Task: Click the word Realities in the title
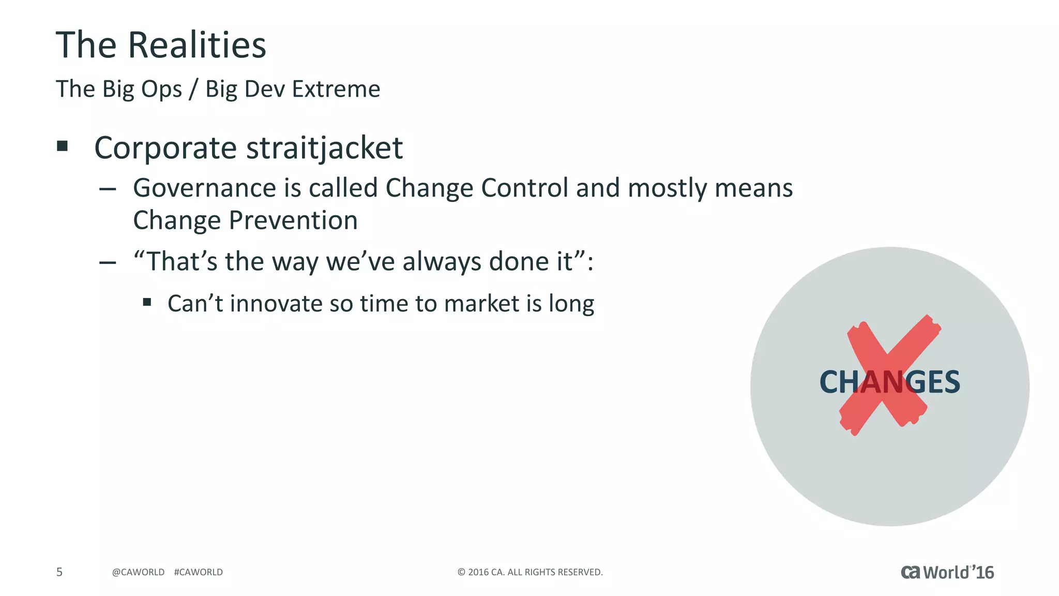pyautogui.click(x=196, y=45)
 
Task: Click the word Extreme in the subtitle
pyautogui.click(x=336, y=89)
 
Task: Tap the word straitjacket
pyautogui.click(x=324, y=148)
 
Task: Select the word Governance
pyautogui.click(x=204, y=188)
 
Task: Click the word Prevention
pyautogui.click(x=293, y=220)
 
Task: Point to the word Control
pyautogui.click(x=524, y=188)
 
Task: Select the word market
pyautogui.click(x=481, y=304)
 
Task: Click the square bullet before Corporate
pyautogui.click(x=63, y=146)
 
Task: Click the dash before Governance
pyautogui.click(x=108, y=189)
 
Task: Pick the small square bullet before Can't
pyautogui.click(x=147, y=302)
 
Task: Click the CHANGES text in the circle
pyautogui.click(x=889, y=382)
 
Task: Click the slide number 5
pyautogui.click(x=59, y=572)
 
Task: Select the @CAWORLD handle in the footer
pyautogui.click(x=138, y=572)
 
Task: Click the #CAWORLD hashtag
pyautogui.click(x=199, y=572)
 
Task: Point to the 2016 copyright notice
pyautogui.click(x=530, y=572)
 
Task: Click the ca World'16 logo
pyautogui.click(x=947, y=572)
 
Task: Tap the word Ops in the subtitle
pyautogui.click(x=161, y=89)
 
